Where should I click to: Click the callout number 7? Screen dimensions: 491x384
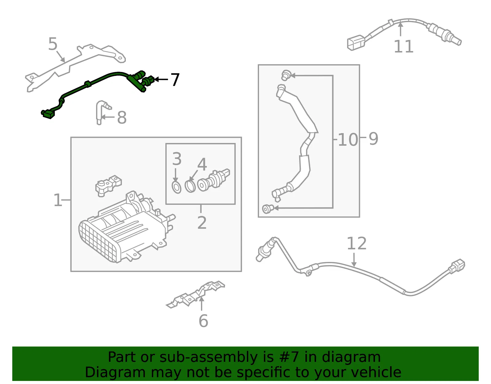[175, 80]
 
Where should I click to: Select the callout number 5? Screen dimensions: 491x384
[53, 44]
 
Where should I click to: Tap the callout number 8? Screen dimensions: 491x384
[122, 117]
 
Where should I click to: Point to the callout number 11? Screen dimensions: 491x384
[404, 46]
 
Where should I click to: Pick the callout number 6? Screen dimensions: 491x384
[203, 321]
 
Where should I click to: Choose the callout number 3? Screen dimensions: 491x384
[177, 159]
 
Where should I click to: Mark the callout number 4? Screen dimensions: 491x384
[202, 164]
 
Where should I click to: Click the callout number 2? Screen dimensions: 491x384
[202, 223]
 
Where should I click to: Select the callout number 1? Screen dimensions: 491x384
[57, 200]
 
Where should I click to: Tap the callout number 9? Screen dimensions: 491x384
[373, 139]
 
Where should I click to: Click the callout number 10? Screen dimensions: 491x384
[348, 140]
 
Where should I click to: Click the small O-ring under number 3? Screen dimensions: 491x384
[176, 187]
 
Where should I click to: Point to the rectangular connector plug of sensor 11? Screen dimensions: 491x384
[356, 42]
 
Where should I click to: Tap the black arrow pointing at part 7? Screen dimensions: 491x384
[161, 79]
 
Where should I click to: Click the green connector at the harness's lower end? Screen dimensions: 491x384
[48, 114]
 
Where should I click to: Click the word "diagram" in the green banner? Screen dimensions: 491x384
[351, 357]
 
